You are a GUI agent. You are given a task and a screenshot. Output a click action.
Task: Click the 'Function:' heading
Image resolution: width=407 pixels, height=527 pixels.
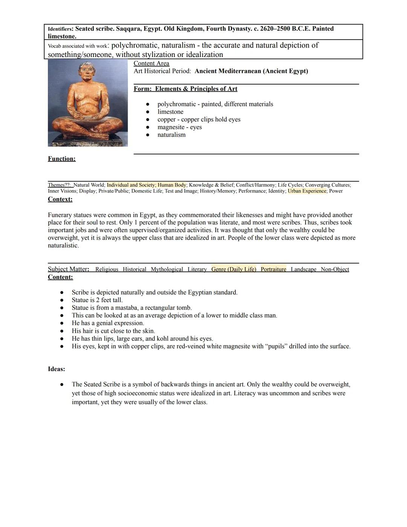[61, 159]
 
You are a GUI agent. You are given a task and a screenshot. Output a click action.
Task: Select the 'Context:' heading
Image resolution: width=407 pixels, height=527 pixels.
[60, 199]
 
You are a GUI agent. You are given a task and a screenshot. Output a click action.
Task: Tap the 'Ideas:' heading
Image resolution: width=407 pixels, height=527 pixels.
[56, 369]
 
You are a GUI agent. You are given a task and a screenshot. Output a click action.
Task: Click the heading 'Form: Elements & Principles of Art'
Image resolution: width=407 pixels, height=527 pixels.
[185, 89]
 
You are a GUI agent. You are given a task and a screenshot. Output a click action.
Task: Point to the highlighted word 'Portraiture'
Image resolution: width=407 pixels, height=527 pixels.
[273, 269]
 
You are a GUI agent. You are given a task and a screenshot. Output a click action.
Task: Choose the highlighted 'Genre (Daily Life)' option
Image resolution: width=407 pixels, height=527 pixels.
[234, 269]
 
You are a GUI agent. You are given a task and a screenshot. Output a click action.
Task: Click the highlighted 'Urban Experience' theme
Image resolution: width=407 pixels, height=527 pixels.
[307, 191]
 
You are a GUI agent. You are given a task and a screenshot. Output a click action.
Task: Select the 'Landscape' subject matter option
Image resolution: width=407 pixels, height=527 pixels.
[303, 269]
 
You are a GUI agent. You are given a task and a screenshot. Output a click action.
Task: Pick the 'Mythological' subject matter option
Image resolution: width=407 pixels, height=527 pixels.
[167, 269]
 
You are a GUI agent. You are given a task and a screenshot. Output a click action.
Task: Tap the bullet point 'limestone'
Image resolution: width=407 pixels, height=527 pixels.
[170, 112]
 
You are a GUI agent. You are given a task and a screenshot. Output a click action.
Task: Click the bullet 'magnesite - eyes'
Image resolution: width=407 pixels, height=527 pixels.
[179, 127]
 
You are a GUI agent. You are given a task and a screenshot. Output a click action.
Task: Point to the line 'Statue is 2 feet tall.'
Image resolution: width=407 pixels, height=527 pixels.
[97, 300]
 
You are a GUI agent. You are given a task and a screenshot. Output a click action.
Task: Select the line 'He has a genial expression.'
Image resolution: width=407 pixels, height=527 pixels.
[108, 323]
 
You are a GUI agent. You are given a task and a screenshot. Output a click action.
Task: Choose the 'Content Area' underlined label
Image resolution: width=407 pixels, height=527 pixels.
[151, 63]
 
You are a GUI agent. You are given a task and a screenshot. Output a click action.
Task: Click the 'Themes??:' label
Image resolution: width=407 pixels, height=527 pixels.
[59, 185]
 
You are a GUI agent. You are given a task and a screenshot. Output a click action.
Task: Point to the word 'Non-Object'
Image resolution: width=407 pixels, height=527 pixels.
[335, 269]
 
